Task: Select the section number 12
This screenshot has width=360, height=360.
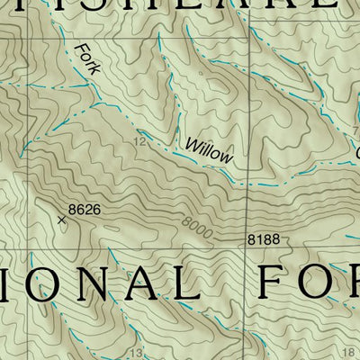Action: pos(139,142)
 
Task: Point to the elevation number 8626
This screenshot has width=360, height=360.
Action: pos(83,209)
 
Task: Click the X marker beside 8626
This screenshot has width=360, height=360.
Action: pos(62,219)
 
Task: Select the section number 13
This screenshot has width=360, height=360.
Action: pos(137,353)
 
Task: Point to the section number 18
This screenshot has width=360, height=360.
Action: pos(349,353)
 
